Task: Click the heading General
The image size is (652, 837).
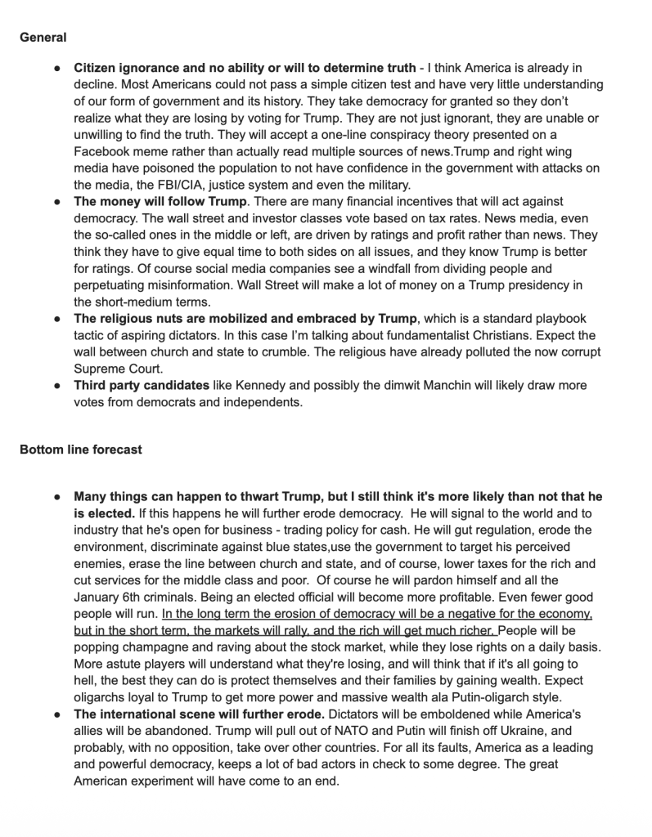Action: pos(43,37)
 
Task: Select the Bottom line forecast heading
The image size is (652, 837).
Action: pos(81,450)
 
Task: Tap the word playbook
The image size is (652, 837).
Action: pos(562,318)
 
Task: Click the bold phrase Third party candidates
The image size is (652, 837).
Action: pos(142,384)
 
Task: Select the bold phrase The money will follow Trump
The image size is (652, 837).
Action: pos(160,201)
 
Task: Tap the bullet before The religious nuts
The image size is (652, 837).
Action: pos(58,318)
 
